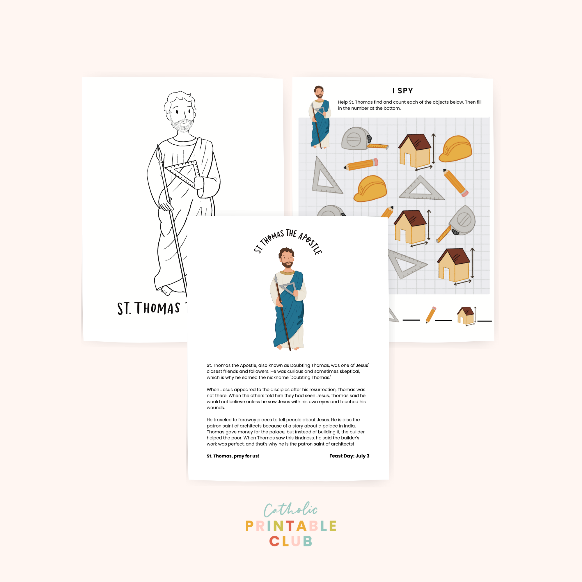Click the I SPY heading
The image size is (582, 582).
point(402,91)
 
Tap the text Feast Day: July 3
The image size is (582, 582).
point(349,456)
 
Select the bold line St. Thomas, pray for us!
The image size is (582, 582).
point(233,456)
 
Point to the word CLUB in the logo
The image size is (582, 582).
point(290,541)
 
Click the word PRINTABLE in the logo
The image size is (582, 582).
point(290,526)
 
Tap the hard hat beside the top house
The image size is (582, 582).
point(455,149)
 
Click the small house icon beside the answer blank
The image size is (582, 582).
point(465,315)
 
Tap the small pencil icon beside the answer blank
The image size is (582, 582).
point(430,315)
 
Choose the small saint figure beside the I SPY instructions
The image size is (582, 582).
point(320,118)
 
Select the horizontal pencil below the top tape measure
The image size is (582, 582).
point(361,164)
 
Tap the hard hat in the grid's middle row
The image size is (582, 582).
point(370,189)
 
